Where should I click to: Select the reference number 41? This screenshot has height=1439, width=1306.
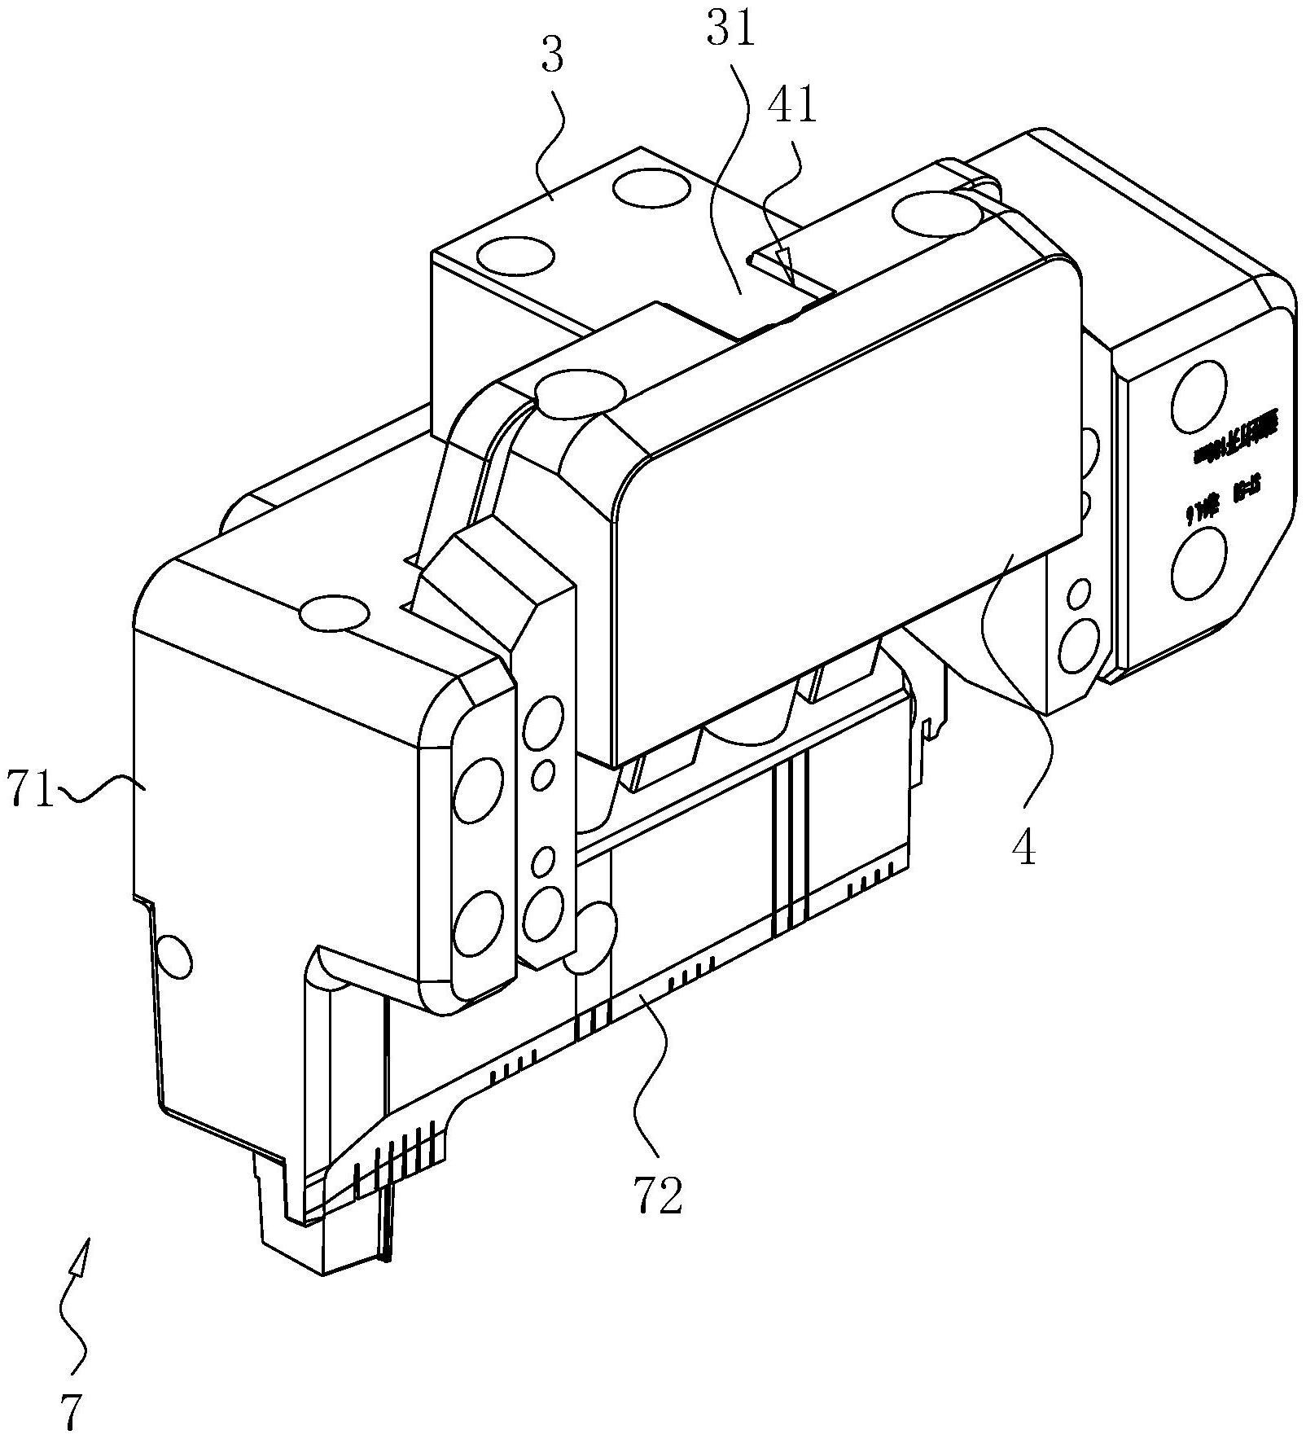[794, 106]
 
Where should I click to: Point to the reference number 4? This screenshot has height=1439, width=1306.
[1023, 849]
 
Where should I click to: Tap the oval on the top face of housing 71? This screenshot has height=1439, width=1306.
[334, 613]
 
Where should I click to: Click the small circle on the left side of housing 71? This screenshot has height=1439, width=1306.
[173, 957]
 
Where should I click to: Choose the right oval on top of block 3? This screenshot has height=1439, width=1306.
[651, 189]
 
